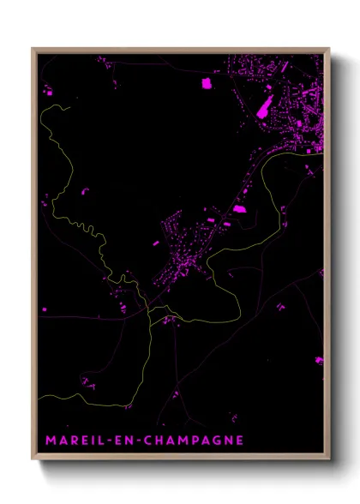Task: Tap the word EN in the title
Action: pos(129,441)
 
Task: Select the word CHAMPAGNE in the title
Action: pos(195,441)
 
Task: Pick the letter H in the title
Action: pos(163,441)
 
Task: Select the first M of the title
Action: pos(50,441)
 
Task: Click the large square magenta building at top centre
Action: pos(206,83)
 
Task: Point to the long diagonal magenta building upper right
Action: pos(262,108)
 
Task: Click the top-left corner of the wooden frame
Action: pos(33,49)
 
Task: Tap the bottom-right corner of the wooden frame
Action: pos(329,461)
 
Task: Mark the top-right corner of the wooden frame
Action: pos(329,49)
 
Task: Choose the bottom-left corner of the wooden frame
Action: pos(33,461)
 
